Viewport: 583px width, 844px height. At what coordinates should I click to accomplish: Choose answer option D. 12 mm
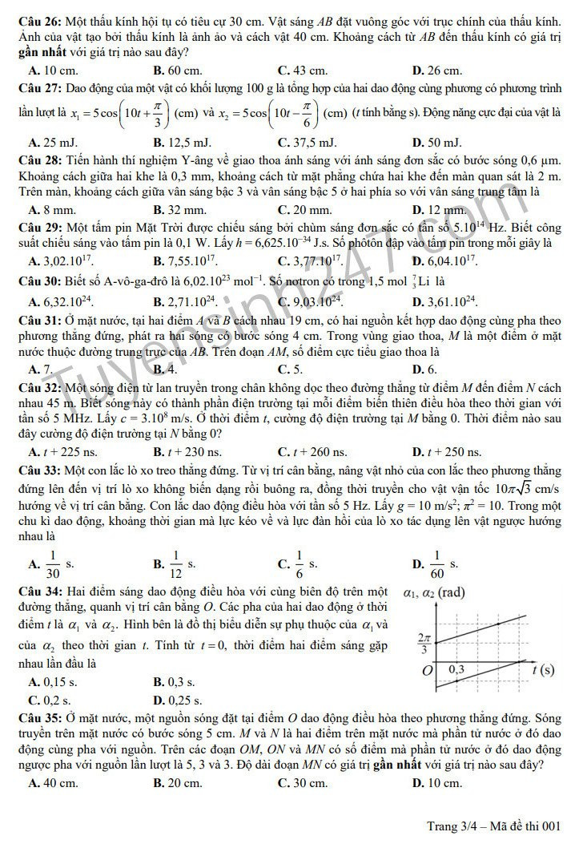[437, 211]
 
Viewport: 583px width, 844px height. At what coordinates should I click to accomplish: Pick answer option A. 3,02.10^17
[61, 260]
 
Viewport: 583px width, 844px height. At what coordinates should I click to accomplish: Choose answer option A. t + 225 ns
[62, 452]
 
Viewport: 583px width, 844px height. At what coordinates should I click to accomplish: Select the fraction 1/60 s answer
[436, 564]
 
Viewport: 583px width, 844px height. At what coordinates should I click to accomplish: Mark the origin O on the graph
[428, 669]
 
